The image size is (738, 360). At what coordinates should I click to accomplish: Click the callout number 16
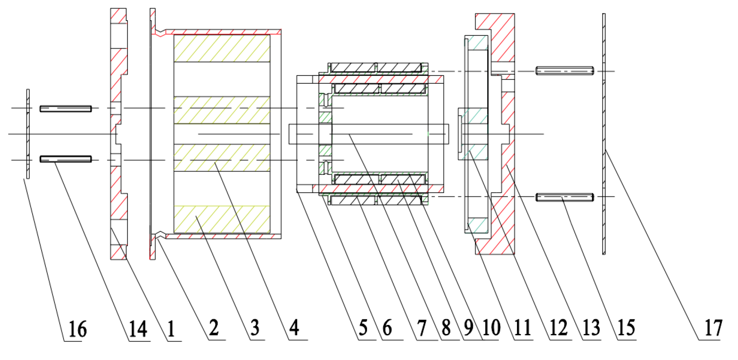pos(78,329)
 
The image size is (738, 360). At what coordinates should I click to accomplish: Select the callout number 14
pos(138,329)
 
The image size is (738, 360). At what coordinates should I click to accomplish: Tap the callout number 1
pos(171,329)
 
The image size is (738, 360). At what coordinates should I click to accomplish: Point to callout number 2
pos(214,328)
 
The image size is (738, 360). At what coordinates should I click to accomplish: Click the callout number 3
pos(255,328)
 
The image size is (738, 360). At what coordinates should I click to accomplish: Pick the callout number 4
pos(294,328)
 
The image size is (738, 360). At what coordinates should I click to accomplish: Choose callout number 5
pos(363,328)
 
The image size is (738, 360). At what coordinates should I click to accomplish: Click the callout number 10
pos(491,328)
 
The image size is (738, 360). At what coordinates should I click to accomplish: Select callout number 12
pos(559,328)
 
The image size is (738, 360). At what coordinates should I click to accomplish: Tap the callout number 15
pos(626,328)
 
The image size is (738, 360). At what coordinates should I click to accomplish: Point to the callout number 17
pos(713,328)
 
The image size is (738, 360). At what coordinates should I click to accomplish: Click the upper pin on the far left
pos(66,108)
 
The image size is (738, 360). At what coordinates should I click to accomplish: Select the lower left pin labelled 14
pos(66,159)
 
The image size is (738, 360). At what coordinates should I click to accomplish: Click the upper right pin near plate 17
pos(564,71)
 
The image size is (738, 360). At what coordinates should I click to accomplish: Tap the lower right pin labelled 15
pos(564,197)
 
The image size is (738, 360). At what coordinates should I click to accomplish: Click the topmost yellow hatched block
pos(222,48)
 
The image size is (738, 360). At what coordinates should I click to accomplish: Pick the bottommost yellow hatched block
pos(222,219)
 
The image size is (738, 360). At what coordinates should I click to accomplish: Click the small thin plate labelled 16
pos(28,134)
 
